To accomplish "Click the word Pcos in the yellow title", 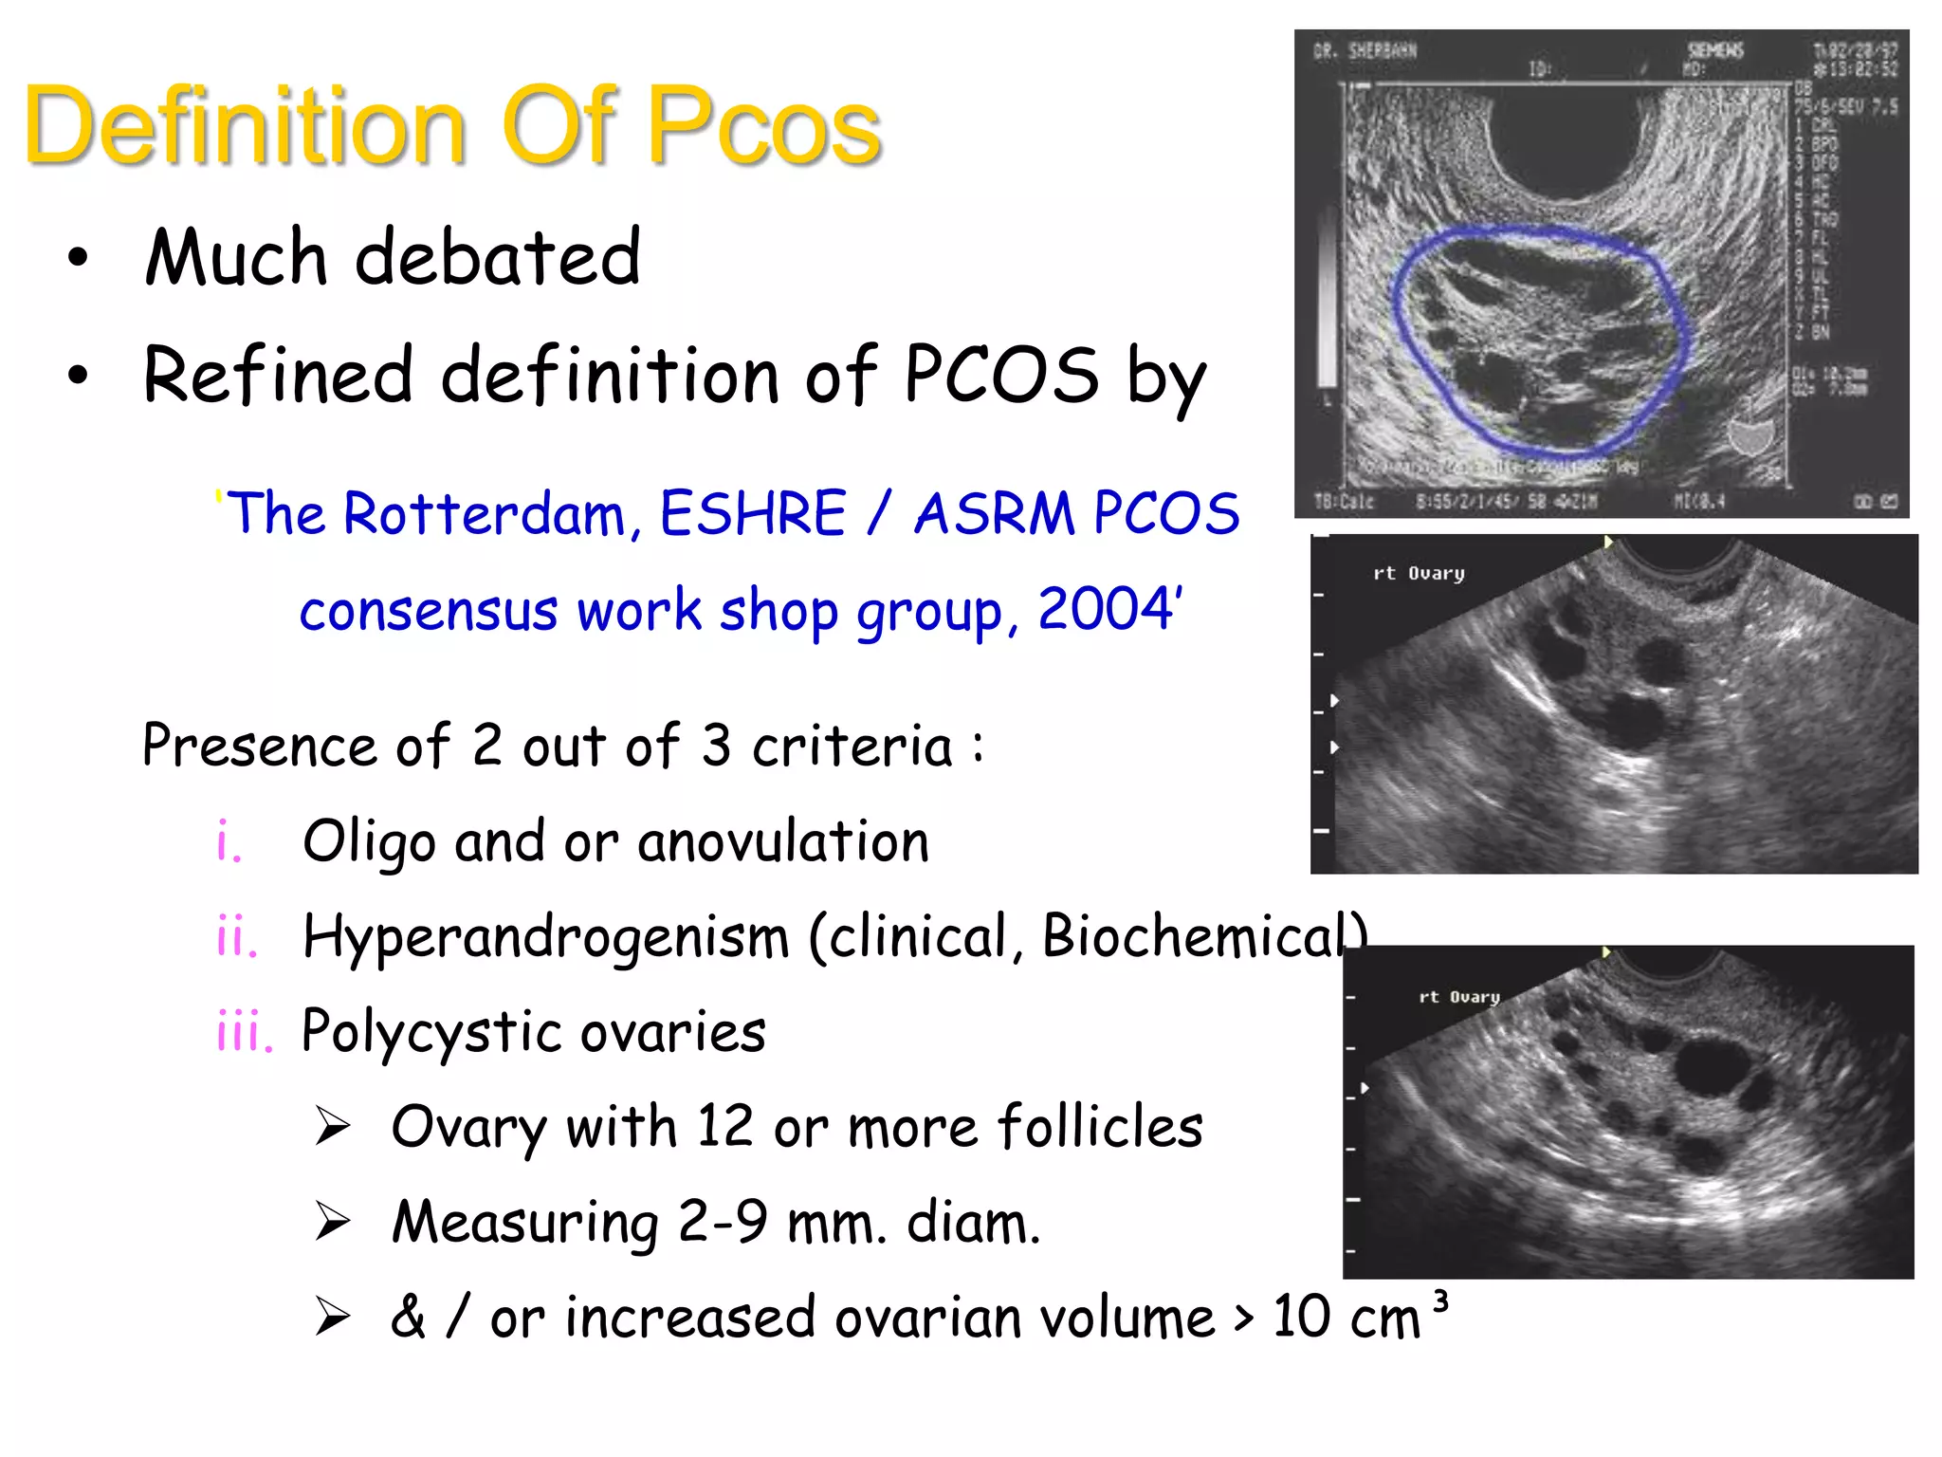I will click(x=763, y=126).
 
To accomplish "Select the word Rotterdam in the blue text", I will click(x=484, y=514).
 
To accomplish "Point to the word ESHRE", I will click(x=752, y=514).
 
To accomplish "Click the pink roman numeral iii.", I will click(x=244, y=1032).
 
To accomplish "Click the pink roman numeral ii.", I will click(x=236, y=937).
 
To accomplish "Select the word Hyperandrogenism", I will click(x=545, y=937).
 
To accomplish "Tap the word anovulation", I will click(x=783, y=841).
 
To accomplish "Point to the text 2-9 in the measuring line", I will click(x=723, y=1223).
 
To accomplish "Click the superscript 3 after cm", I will click(x=1440, y=1300).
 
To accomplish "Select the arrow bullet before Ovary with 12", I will click(x=333, y=1127).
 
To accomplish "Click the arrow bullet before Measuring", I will click(x=333, y=1222).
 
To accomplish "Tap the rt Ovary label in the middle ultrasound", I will click(x=1419, y=573).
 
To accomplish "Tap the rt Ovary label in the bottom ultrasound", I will click(x=1458, y=997).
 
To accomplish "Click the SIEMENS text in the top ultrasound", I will click(x=1714, y=50).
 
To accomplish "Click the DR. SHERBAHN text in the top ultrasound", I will click(x=1365, y=50).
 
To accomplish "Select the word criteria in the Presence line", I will click(x=852, y=747).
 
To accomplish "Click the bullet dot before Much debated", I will click(x=78, y=257).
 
